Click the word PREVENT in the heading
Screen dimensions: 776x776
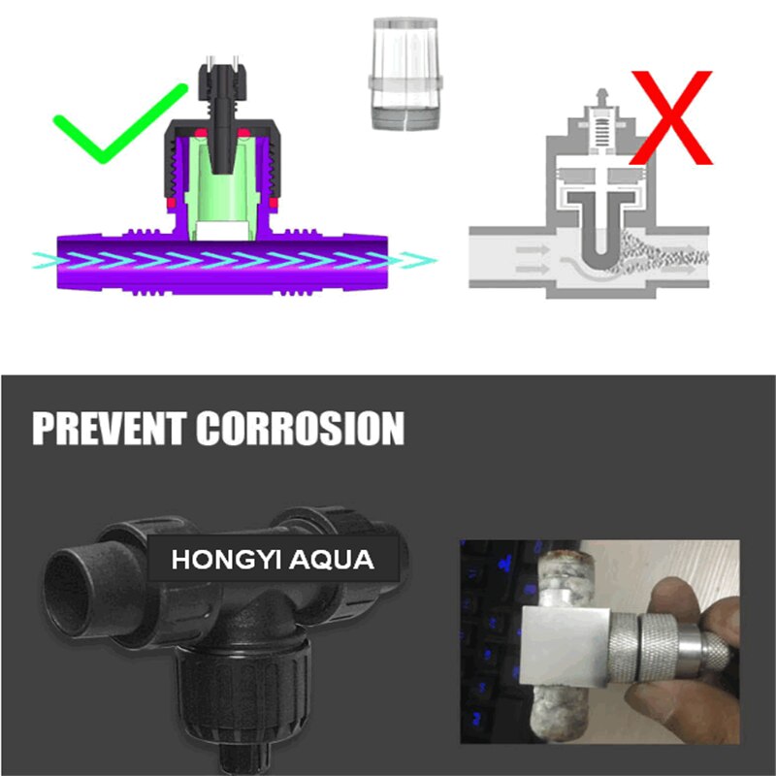(x=109, y=428)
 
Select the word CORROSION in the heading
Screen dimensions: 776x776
(x=301, y=428)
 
